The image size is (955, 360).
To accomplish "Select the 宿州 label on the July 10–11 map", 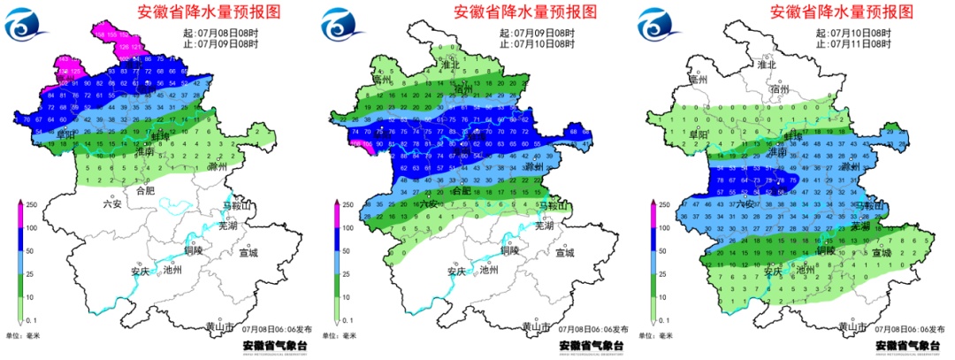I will pyautogui.click(x=779, y=89).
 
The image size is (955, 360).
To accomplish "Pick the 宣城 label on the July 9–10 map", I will pyautogui.click(x=563, y=253).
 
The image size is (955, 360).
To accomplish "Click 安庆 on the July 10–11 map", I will pyautogui.click(x=772, y=271).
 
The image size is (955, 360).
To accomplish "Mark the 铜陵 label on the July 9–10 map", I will pyautogui.click(x=509, y=249).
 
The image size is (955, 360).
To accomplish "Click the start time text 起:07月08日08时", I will pyautogui.click(x=218, y=33).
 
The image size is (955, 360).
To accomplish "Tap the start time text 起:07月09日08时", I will pyautogui.click(x=535, y=33).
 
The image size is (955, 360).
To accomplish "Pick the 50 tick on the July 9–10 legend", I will pyautogui.click(x=348, y=251).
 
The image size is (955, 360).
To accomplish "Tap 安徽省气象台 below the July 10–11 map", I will pyautogui.click(x=910, y=346).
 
